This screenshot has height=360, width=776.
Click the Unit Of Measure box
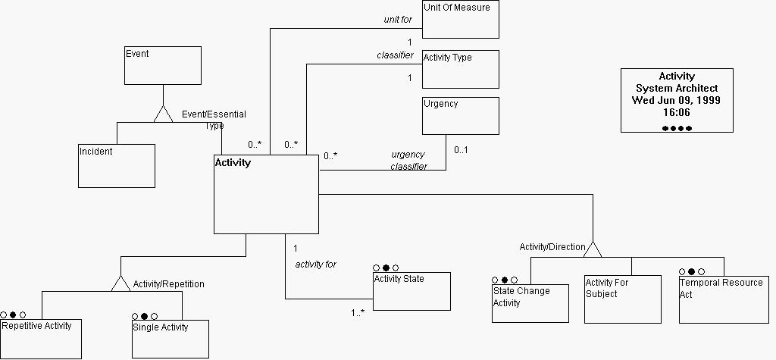[x=460, y=20]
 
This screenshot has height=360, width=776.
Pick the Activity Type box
[x=460, y=69]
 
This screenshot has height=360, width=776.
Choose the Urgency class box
[x=460, y=115]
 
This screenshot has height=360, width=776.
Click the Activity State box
[x=411, y=291]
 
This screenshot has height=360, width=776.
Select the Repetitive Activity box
[x=41, y=339]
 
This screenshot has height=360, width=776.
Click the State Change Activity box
[x=530, y=303]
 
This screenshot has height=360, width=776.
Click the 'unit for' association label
[x=398, y=20]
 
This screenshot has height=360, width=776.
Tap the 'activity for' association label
[x=315, y=265]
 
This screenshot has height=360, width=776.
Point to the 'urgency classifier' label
[x=408, y=160]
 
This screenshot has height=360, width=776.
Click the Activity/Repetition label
[x=168, y=284]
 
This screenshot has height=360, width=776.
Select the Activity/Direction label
[x=552, y=247]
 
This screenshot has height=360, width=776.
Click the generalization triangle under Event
[x=163, y=114]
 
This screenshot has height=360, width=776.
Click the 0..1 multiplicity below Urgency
[x=461, y=149]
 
